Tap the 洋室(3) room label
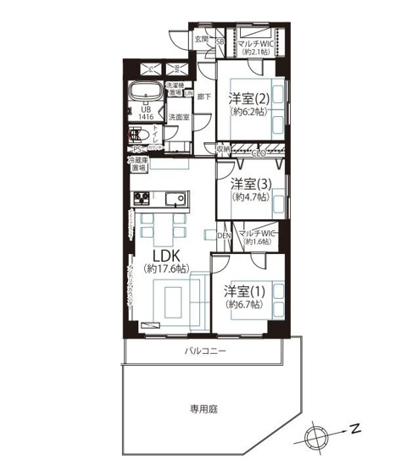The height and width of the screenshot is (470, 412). (x=250, y=184)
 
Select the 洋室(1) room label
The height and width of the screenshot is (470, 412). (x=244, y=291)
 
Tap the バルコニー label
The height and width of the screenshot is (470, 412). (x=204, y=351)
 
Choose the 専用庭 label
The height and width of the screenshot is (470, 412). (x=203, y=409)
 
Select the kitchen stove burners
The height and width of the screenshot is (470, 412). (x=141, y=200)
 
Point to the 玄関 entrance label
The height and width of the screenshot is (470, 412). (x=201, y=39)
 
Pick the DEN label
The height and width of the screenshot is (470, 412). (x=225, y=235)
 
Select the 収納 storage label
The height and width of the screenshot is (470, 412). (x=223, y=149)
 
